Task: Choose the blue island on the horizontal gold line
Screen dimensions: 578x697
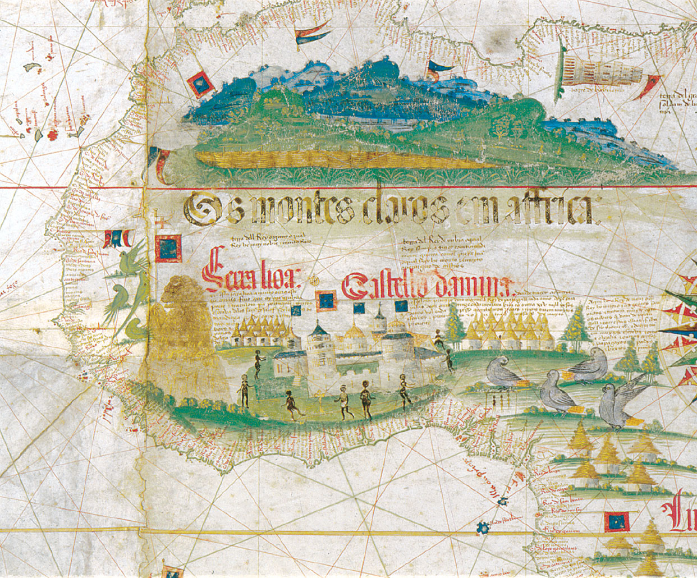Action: click(481, 527)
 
